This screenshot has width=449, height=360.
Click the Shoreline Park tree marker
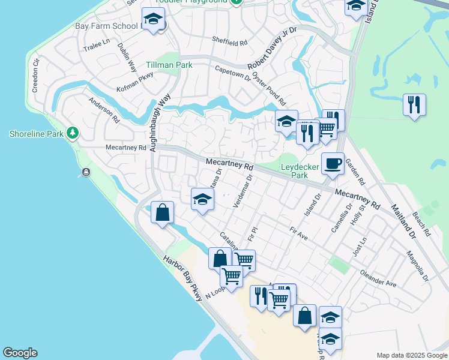(x=73, y=133)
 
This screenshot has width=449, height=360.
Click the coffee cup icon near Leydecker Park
(x=332, y=163)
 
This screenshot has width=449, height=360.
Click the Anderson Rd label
(x=104, y=110)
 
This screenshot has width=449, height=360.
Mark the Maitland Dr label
(x=403, y=220)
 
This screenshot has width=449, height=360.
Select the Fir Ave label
(x=298, y=233)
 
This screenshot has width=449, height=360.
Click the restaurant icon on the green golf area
(x=414, y=106)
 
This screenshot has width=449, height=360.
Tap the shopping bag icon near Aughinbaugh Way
(x=163, y=212)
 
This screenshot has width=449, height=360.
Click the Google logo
(x=20, y=353)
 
